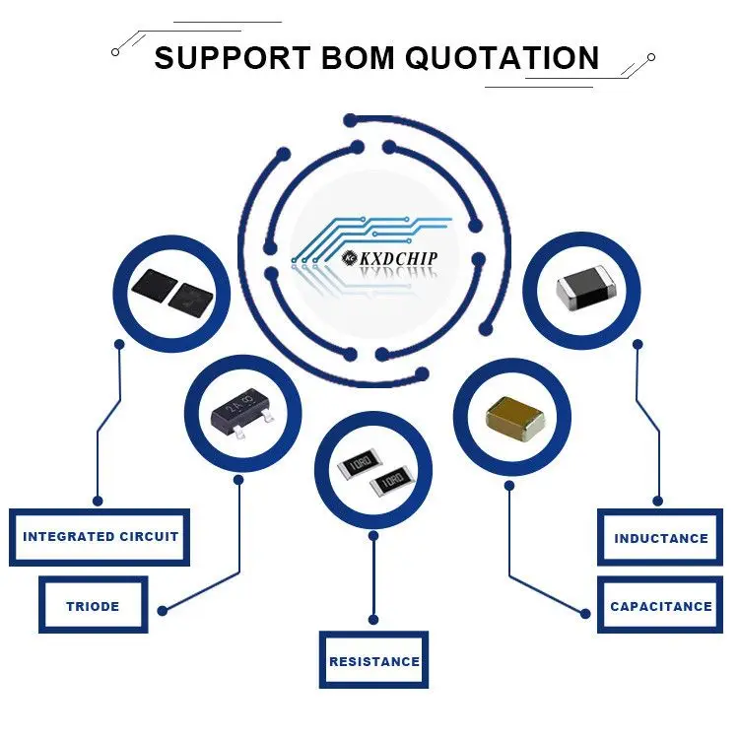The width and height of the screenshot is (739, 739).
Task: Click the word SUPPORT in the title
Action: point(232,57)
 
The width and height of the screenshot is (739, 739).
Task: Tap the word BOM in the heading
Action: point(358,57)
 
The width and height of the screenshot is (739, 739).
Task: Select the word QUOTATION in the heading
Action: point(503,57)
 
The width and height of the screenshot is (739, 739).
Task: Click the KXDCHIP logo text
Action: point(398,257)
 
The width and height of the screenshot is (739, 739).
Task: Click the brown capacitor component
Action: point(514,420)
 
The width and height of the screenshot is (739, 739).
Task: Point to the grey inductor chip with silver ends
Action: point(583,289)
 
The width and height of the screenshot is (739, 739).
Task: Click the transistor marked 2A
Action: point(242,412)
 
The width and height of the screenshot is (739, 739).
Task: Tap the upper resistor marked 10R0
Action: point(359,463)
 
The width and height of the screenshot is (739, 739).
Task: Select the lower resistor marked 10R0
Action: point(391,481)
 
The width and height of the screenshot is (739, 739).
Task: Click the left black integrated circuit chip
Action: point(155,285)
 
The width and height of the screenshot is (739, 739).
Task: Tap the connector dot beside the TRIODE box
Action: point(163,611)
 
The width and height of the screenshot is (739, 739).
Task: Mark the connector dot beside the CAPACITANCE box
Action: point(585,614)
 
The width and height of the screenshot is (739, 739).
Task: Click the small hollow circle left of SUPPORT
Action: point(115,52)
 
